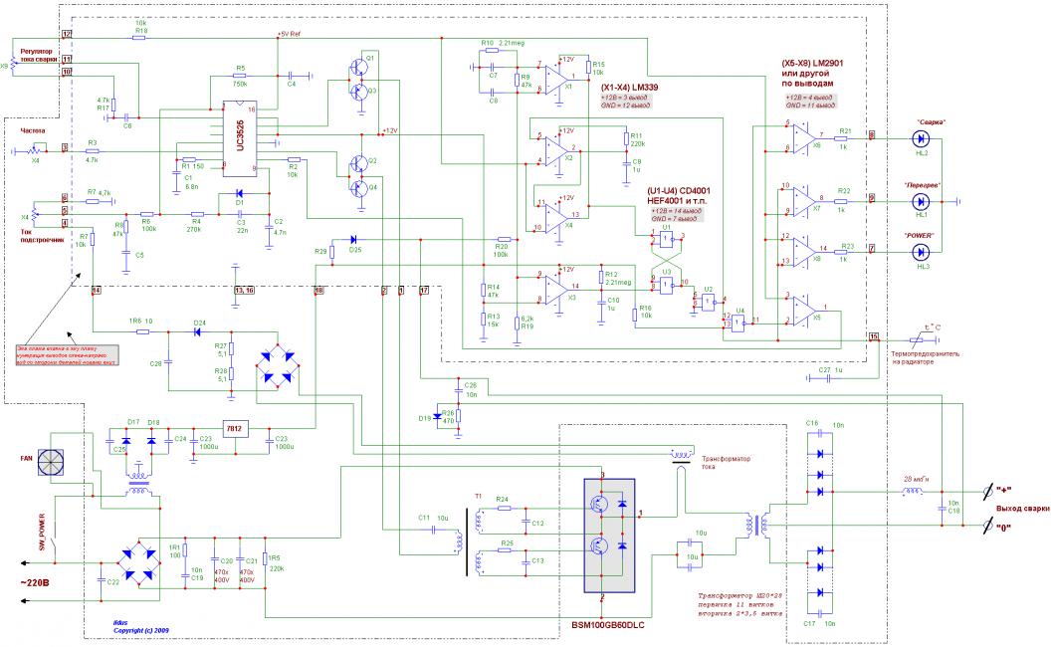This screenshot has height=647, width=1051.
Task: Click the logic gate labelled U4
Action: point(737,322)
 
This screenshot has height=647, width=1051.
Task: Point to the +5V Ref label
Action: point(292,33)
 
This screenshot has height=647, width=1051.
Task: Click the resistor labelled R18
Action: point(140,33)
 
